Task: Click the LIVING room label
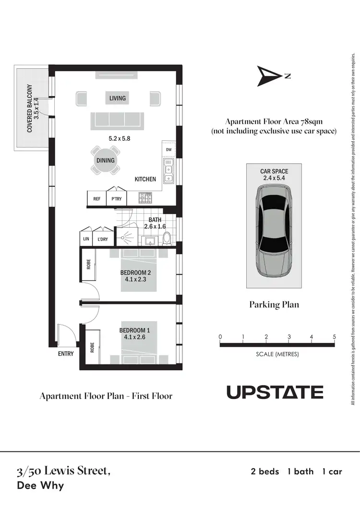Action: pyautogui.click(x=117, y=98)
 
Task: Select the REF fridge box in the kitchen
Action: pyautogui.click(x=96, y=198)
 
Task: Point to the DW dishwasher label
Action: pyautogui.click(x=168, y=150)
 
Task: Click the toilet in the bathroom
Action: pyautogui.click(x=167, y=238)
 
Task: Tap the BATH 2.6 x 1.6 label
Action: pyautogui.click(x=154, y=223)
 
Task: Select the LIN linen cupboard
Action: pyautogui.click(x=86, y=238)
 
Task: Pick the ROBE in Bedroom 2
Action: pyautogui.click(x=88, y=264)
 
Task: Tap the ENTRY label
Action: pyautogui.click(x=66, y=354)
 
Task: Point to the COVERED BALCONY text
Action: pyautogui.click(x=30, y=109)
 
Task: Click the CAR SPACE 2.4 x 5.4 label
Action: pyautogui.click(x=274, y=174)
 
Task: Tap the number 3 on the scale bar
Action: pyautogui.click(x=289, y=337)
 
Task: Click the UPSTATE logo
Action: pyautogui.click(x=275, y=392)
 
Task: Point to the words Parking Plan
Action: pyautogui.click(x=274, y=304)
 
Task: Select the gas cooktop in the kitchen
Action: pyautogui.click(x=145, y=197)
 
